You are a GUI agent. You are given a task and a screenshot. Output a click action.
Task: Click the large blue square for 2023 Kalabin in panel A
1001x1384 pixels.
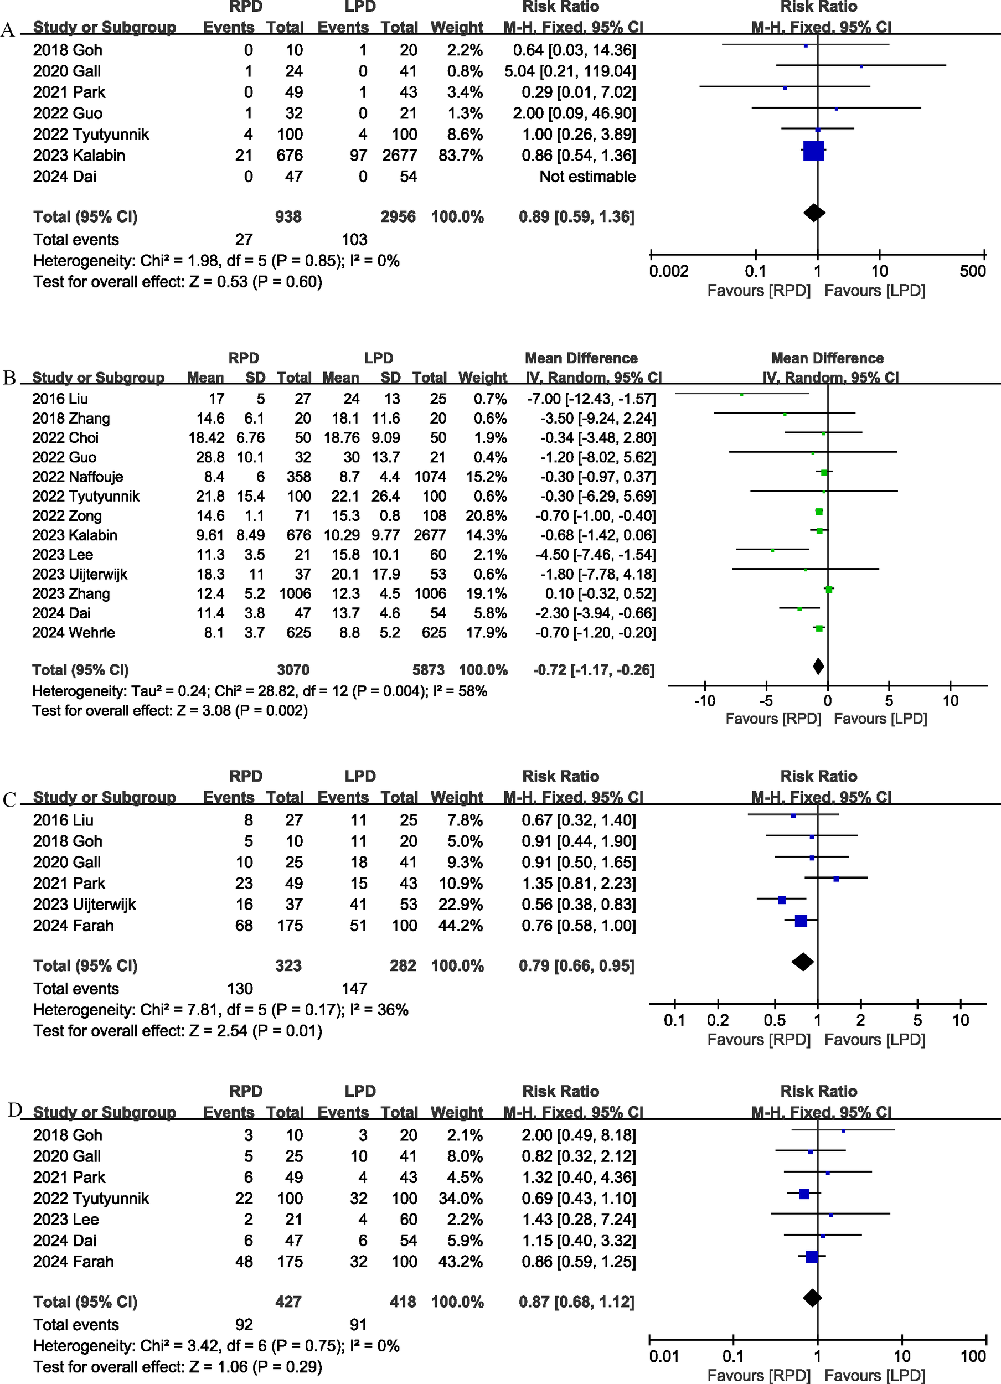814,151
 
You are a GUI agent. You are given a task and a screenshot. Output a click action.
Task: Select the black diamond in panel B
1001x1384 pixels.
818,667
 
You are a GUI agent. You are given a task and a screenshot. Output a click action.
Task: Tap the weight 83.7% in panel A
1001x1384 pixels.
460,156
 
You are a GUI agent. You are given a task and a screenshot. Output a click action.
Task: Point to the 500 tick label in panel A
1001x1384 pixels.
972,272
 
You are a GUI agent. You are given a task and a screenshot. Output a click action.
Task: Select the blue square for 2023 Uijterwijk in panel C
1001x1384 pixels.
782,900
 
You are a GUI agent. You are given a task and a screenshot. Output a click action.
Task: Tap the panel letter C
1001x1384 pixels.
9,799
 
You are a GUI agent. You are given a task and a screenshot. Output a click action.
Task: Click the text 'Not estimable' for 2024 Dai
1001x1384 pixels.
587,177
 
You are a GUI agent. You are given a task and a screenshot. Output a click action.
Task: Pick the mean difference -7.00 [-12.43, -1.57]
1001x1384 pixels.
591,399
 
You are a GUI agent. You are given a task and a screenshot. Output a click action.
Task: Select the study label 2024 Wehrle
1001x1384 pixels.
73,632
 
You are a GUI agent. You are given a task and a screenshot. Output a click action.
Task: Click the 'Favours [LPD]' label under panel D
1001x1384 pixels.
875,1376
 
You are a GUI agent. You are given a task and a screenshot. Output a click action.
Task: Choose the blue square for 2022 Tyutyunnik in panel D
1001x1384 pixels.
804,1194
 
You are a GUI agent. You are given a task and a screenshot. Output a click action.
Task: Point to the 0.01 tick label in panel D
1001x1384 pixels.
663,1356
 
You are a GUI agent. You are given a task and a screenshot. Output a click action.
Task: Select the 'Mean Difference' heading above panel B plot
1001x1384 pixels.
827,358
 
